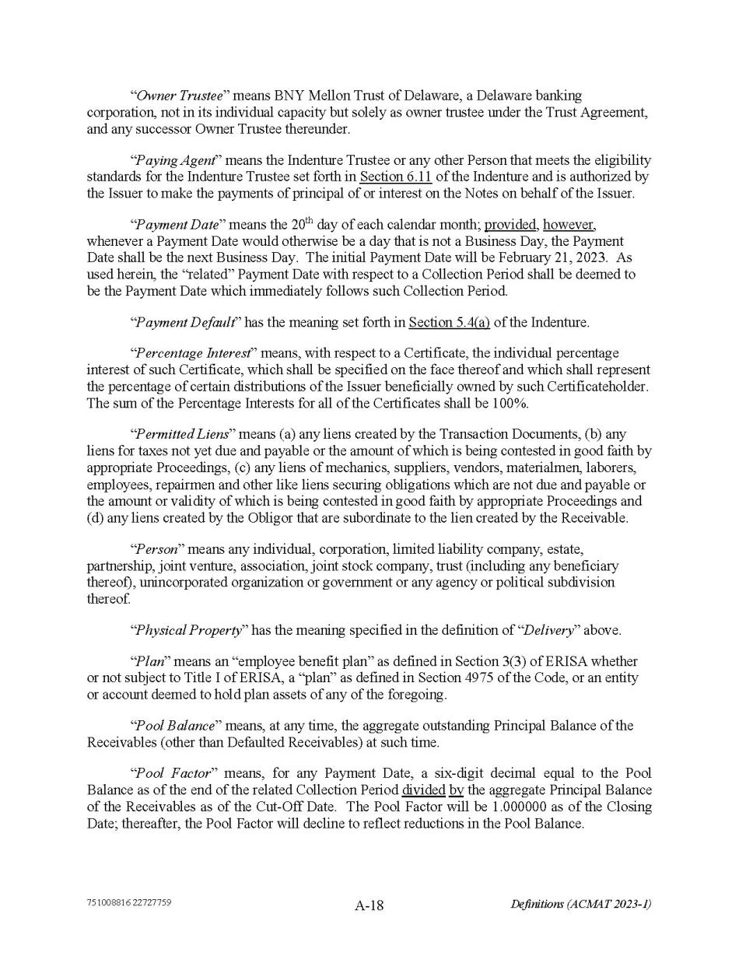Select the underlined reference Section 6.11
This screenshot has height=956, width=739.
pos(395,177)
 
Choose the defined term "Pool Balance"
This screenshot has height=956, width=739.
pos(175,726)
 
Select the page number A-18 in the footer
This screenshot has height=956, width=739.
pos(369,905)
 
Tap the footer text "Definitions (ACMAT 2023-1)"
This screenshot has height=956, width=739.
pos(580,904)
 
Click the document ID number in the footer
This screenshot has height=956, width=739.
pos(129,903)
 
